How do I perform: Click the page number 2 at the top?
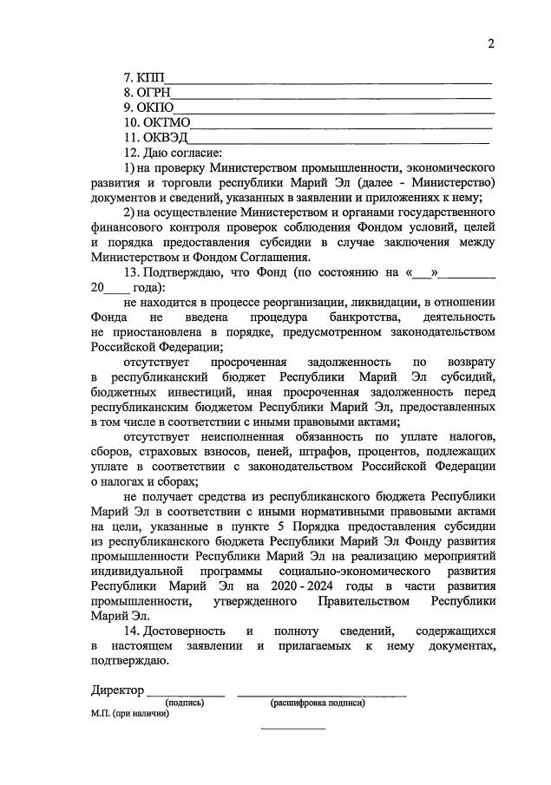point(489,44)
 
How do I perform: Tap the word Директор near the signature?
point(118,690)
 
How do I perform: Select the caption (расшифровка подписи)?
point(318,703)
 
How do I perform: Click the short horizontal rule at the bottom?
point(293,728)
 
